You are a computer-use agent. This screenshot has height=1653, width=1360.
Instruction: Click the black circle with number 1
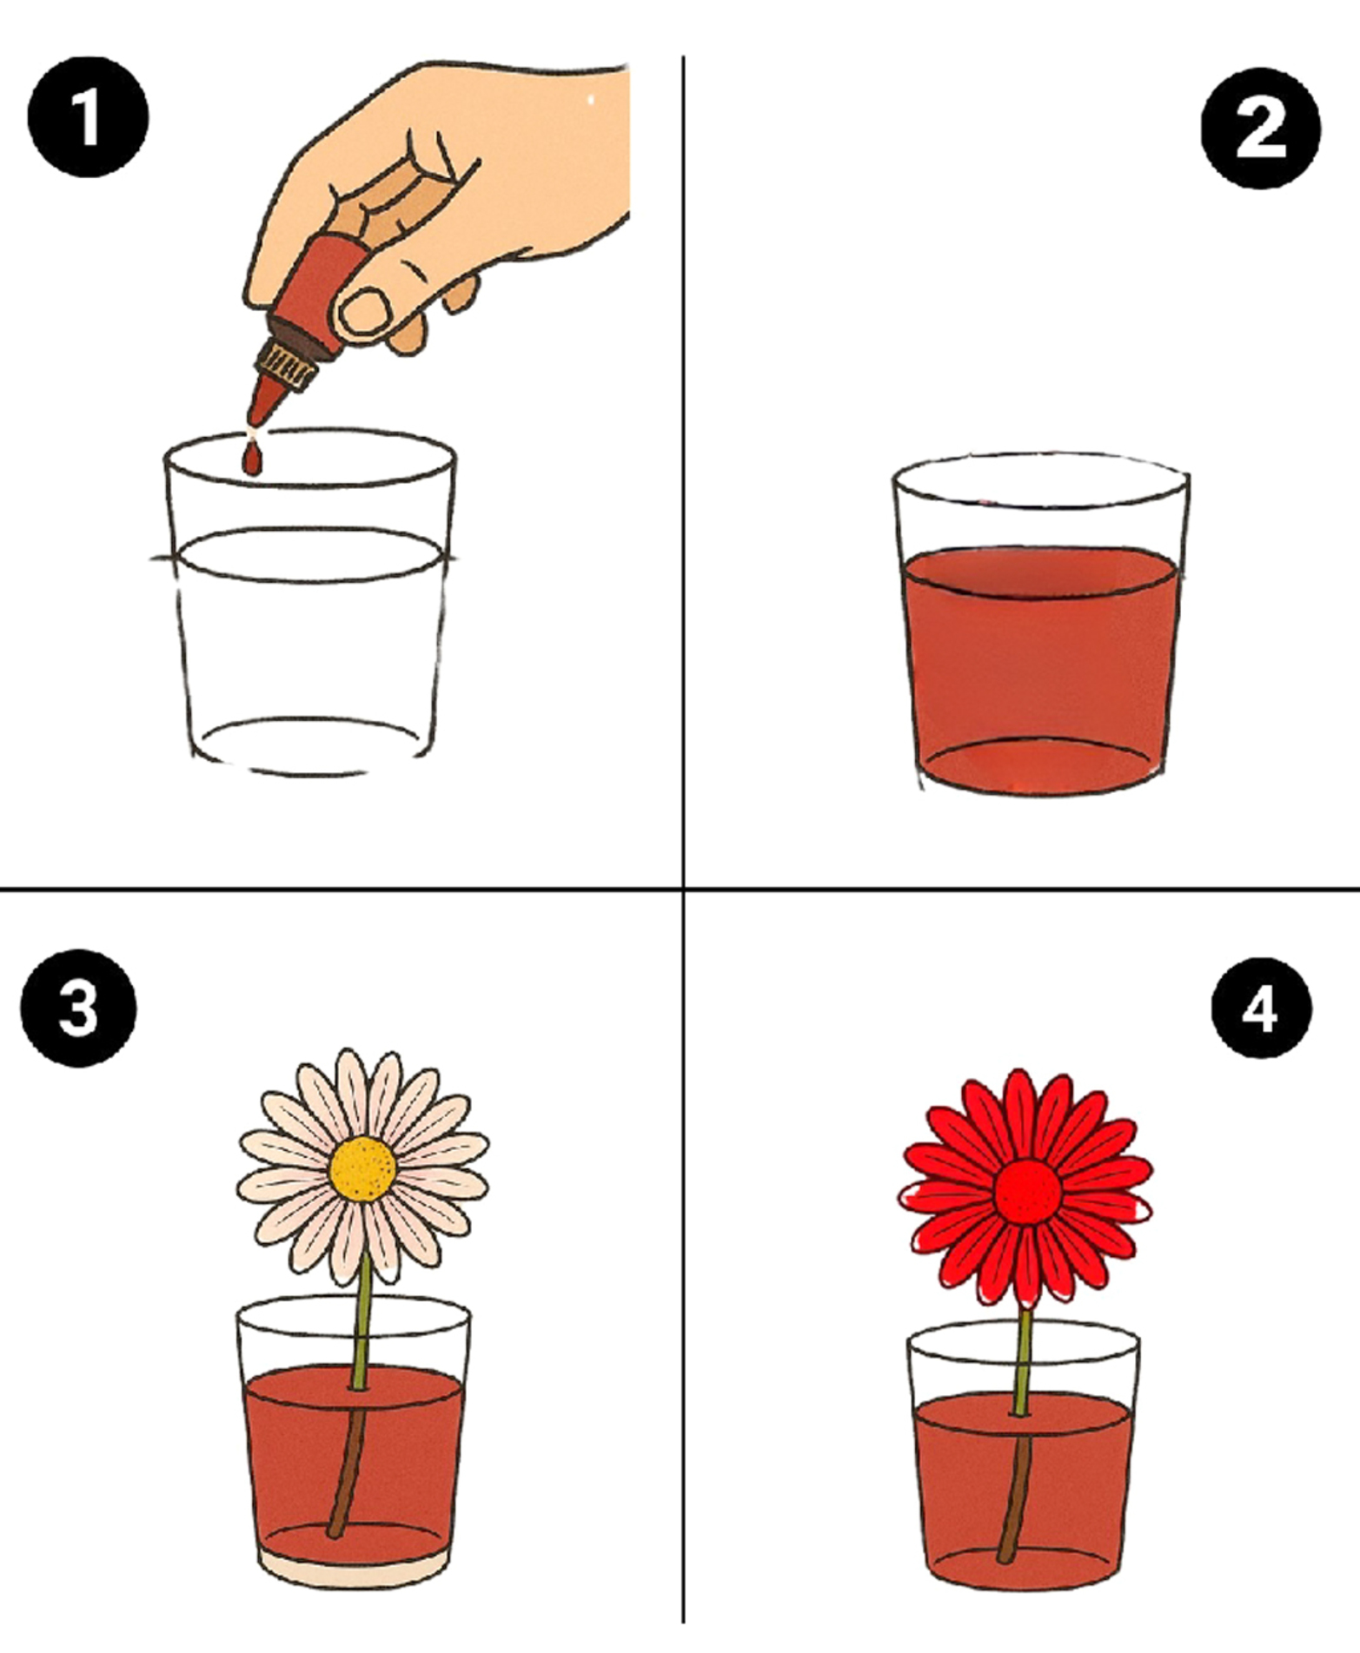tap(88, 117)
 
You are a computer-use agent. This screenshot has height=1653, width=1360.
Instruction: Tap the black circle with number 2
tap(1260, 129)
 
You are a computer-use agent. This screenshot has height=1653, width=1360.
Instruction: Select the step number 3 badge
tap(78, 1008)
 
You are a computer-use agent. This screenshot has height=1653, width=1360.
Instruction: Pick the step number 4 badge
tap(1260, 1008)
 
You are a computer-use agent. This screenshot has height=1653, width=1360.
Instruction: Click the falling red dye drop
tap(252, 459)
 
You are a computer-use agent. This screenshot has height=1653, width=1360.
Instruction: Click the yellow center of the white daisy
tap(363, 1169)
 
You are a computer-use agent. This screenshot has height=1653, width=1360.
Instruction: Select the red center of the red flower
tap(1028, 1192)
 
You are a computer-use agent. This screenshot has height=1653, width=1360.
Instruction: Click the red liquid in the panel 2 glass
tap(1040, 669)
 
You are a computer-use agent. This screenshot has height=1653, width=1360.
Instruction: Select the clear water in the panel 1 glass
tap(308, 651)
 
